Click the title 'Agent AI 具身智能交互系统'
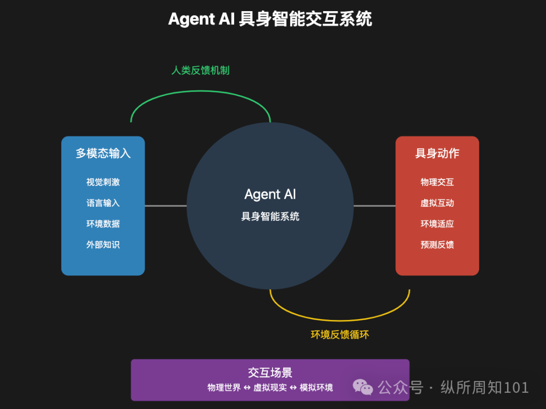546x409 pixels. coord(270,19)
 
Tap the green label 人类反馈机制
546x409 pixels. coord(200,70)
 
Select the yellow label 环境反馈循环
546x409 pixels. coord(340,335)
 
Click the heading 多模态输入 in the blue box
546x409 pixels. coord(103,153)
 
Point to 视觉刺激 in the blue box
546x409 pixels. coord(103,182)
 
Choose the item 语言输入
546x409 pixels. coord(103,203)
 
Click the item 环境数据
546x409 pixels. coord(103,224)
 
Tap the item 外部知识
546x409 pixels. coord(103,245)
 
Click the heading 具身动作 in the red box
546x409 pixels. coord(437,153)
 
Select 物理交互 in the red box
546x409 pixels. coord(437,182)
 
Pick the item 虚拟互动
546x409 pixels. coord(437,203)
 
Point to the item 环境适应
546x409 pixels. coord(437,224)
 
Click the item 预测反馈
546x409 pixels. coord(437,245)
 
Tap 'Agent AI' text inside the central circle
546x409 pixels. coord(270,195)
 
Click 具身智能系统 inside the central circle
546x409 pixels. coord(270,217)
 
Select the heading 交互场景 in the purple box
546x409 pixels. coord(270,373)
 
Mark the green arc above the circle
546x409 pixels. coord(200,92)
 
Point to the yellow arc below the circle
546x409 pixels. coord(340,320)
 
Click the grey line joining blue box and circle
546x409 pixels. coord(166,206)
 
